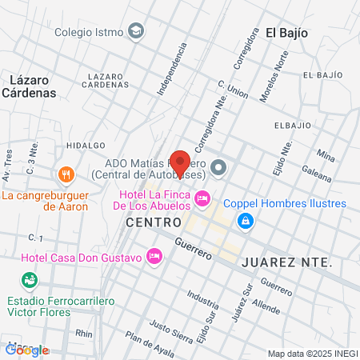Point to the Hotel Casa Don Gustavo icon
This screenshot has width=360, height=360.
(155, 257)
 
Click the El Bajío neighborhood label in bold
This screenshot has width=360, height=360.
(286, 33)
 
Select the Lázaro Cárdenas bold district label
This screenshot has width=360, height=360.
(34, 86)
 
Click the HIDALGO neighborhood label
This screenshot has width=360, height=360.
(86, 145)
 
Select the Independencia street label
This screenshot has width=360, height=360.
(171, 70)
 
